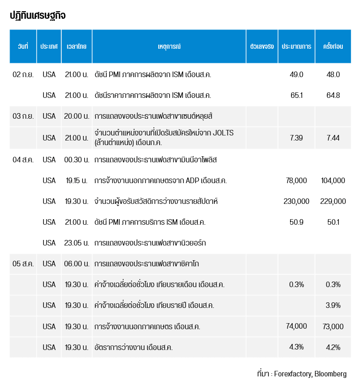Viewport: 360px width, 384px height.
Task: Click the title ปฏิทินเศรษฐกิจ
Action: coord(38,16)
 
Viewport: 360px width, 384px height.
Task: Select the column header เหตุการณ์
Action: coord(169,46)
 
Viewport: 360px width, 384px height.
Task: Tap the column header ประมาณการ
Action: coord(296,46)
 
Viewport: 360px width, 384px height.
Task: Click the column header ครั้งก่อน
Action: coord(333,46)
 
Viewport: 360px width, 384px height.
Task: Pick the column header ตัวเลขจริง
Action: coord(262,46)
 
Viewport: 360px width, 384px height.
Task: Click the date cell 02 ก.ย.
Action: coord(23,75)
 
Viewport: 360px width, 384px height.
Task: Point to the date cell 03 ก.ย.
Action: coord(23,116)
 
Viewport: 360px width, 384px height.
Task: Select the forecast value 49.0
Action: coord(296,75)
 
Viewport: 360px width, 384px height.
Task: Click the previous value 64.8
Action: coord(333,95)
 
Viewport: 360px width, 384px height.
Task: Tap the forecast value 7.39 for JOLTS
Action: coord(296,137)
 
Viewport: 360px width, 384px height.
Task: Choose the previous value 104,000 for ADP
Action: coord(333,181)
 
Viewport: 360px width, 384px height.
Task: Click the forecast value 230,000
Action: coord(296,201)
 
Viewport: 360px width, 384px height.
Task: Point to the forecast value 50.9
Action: coord(296,222)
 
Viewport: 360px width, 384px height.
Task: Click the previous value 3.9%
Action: coord(333,305)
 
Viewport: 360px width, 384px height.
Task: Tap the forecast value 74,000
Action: coord(296,326)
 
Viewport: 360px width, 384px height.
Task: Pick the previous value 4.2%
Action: coord(333,347)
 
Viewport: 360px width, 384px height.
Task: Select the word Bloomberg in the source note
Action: coord(331,374)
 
